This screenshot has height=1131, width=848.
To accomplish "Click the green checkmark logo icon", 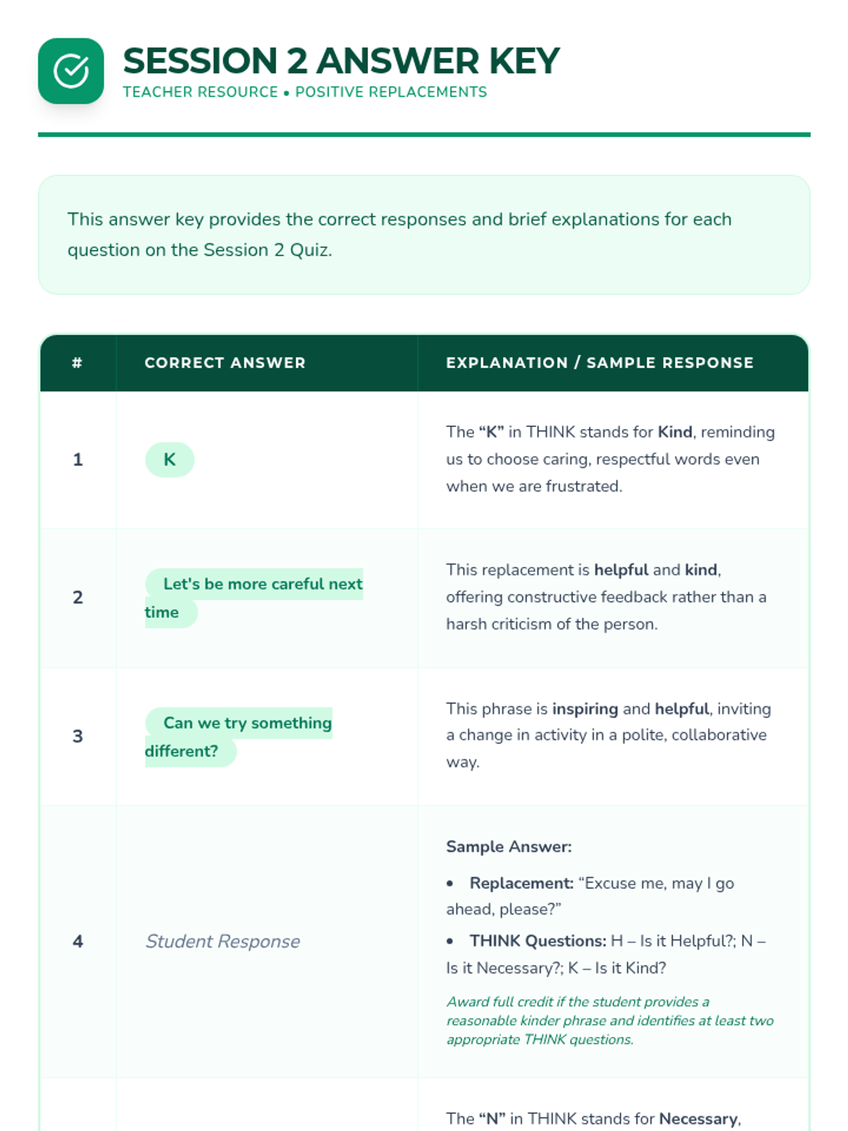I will tap(71, 71).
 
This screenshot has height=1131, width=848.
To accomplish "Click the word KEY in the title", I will tap(524, 61).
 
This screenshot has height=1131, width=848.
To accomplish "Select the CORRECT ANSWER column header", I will tap(225, 363).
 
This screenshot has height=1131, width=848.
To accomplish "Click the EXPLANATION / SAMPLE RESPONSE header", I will tap(599, 363).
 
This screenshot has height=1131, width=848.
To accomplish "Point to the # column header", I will tap(77, 363).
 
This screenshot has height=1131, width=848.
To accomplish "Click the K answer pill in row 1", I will tap(170, 459).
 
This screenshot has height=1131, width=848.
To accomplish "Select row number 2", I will tap(78, 597).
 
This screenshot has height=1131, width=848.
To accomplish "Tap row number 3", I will tap(78, 736).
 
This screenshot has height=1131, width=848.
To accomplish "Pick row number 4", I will tap(78, 942).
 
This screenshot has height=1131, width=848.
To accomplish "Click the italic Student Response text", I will tap(223, 942).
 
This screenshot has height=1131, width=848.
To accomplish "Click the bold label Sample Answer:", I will tap(509, 847).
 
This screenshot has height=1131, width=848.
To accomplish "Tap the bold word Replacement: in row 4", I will tap(522, 884).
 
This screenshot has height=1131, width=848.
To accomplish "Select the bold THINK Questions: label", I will tap(538, 941).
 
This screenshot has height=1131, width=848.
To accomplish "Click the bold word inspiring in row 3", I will tap(585, 709).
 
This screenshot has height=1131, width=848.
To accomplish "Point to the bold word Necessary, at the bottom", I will tap(700, 1119).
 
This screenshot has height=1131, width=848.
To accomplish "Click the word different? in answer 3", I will tap(182, 751).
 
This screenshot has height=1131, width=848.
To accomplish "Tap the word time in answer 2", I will tap(162, 612).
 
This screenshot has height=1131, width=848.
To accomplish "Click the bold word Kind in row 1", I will tap(674, 432).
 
